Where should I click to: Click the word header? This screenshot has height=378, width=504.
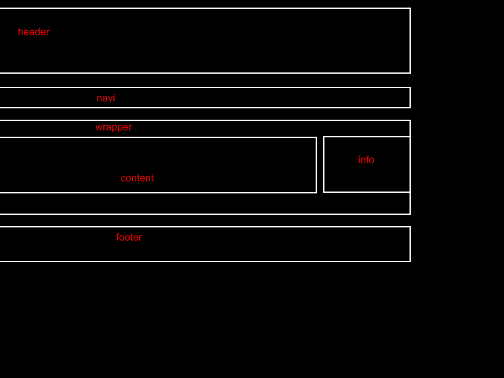coord(33,32)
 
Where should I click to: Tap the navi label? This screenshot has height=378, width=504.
coord(106,98)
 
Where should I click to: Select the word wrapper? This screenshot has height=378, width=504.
coord(113,127)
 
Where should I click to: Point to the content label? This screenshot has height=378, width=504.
coord(137,178)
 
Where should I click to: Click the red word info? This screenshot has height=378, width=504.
coord(366,160)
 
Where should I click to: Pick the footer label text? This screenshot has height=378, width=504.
coord(129,238)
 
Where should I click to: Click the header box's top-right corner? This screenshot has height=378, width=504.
coord(410,8)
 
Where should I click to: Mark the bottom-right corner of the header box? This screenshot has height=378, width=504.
coord(410,73)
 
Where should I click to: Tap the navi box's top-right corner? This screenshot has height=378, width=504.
coord(410,88)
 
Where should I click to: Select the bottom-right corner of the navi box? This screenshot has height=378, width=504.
coord(410,108)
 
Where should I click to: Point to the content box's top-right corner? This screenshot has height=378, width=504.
coord(316,137)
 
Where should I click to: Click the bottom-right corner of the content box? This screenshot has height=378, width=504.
coord(316,193)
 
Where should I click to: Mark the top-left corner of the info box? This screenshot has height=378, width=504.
coord(324,137)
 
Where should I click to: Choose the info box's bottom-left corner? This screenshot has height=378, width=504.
coord(324,192)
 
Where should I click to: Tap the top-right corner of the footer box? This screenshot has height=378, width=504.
coord(410,227)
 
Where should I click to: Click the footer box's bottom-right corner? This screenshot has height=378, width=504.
coord(410,261)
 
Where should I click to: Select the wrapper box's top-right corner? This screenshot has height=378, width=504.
coord(410,120)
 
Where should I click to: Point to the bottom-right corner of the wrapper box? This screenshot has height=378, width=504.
coord(410,214)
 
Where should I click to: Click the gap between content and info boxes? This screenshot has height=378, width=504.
coord(320,164)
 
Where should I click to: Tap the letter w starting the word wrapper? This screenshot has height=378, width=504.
coord(98,127)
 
